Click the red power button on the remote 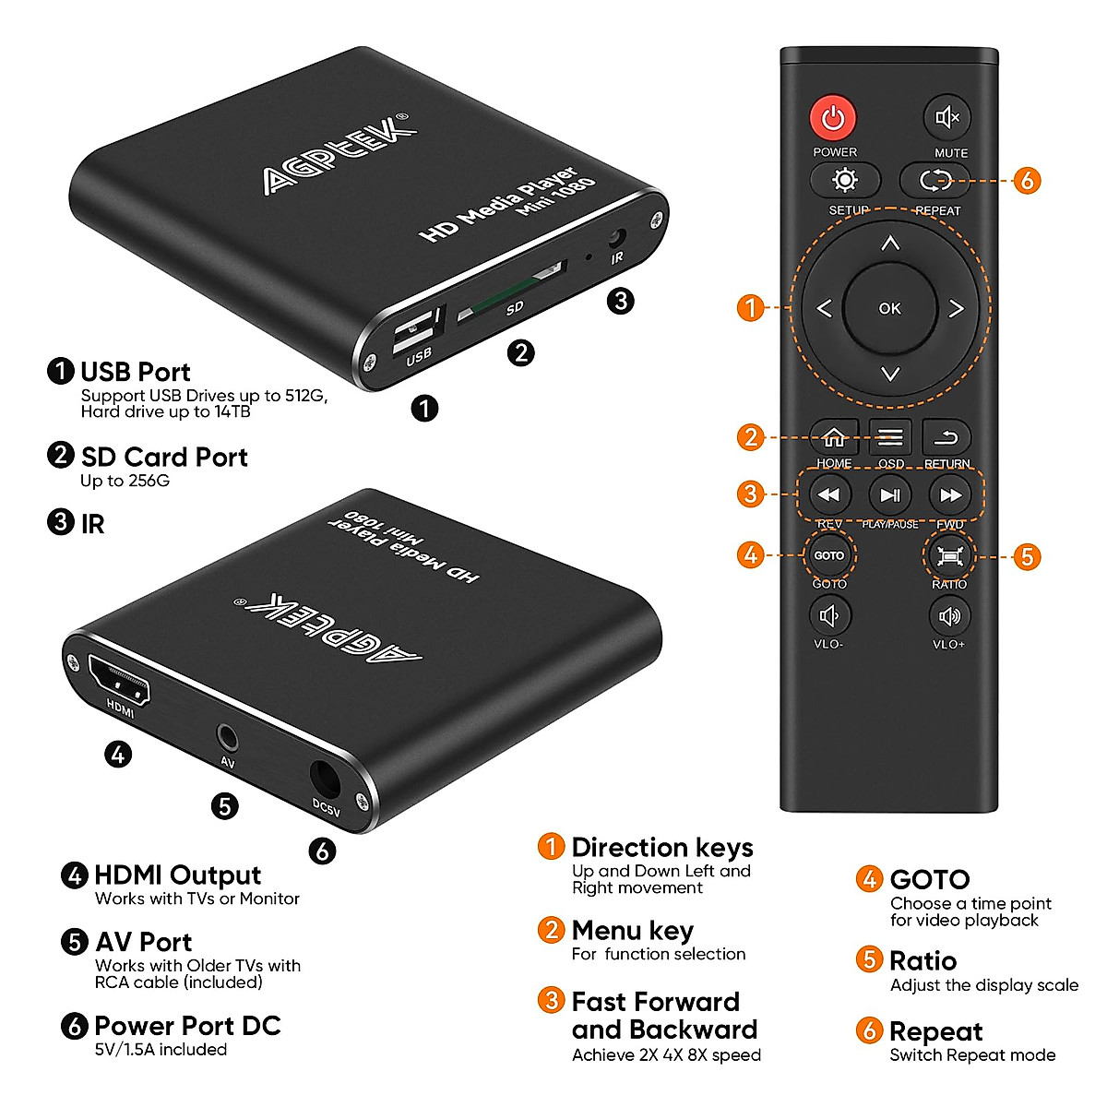pyautogui.click(x=833, y=118)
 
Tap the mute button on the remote pyautogui.click(x=947, y=118)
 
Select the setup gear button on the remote pyautogui.click(x=844, y=180)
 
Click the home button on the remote pyautogui.click(x=834, y=437)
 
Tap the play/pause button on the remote pyautogui.click(x=890, y=495)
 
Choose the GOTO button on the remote pyautogui.click(x=828, y=555)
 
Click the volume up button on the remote pyautogui.click(x=949, y=615)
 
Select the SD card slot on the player pyautogui.click(x=510, y=290)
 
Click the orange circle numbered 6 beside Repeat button pyautogui.click(x=1027, y=180)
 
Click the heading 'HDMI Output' pyautogui.click(x=178, y=875)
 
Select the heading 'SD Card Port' pyautogui.click(x=164, y=457)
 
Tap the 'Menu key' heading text pyautogui.click(x=632, y=930)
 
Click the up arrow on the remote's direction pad pyautogui.click(x=889, y=244)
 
